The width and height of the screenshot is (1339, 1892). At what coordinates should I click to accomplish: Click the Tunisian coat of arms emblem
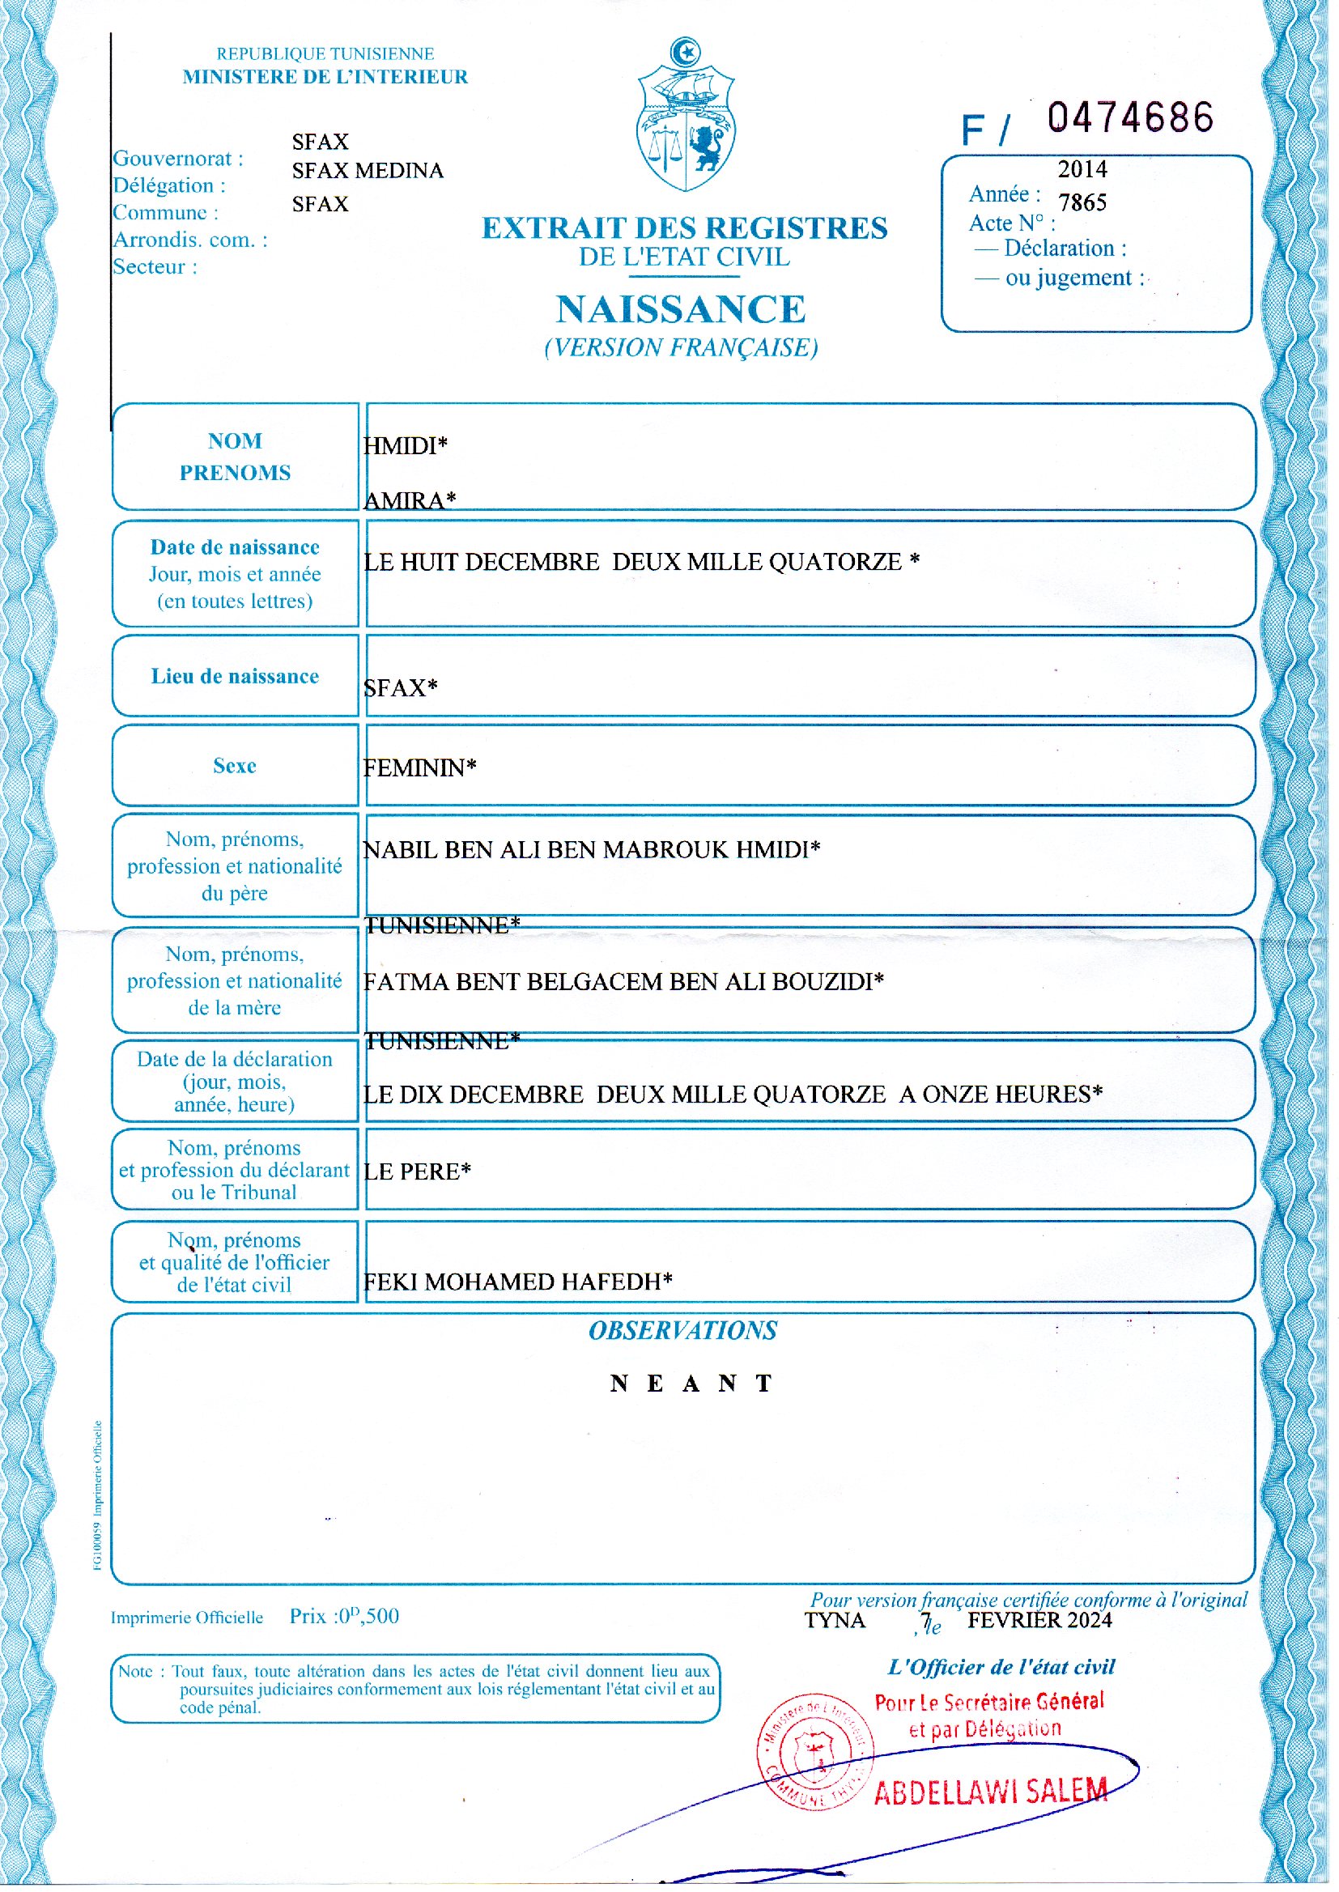pyautogui.click(x=685, y=116)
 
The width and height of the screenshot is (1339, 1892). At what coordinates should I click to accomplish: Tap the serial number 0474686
pyautogui.click(x=1130, y=118)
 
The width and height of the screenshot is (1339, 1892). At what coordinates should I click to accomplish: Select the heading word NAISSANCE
pyautogui.click(x=680, y=310)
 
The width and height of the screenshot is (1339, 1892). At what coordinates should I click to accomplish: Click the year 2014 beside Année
pyautogui.click(x=1082, y=170)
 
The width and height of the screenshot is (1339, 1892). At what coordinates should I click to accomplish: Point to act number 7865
pyautogui.click(x=1082, y=203)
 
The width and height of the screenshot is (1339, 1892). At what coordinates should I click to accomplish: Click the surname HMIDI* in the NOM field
pyautogui.click(x=405, y=446)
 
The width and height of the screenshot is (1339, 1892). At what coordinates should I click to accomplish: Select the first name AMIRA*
pyautogui.click(x=410, y=500)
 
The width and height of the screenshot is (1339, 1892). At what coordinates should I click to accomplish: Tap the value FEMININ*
pyautogui.click(x=419, y=767)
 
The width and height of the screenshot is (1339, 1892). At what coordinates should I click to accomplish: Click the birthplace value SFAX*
pyautogui.click(x=400, y=687)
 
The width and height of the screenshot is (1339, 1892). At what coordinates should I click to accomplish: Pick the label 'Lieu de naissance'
pyautogui.click(x=235, y=676)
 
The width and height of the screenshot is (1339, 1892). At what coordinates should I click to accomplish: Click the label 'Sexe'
pyautogui.click(x=235, y=766)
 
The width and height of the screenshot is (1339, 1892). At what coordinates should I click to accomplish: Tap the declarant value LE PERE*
pyautogui.click(x=417, y=1171)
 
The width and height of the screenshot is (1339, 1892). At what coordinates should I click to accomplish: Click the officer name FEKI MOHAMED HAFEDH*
pyautogui.click(x=518, y=1281)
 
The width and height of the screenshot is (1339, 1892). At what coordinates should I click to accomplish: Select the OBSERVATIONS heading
pyautogui.click(x=682, y=1330)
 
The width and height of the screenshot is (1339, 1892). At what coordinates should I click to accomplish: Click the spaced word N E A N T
pyautogui.click(x=691, y=1383)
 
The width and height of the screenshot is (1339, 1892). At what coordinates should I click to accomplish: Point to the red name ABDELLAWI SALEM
pyautogui.click(x=990, y=1792)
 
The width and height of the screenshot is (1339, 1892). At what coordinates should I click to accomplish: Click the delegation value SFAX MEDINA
pyautogui.click(x=368, y=171)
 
